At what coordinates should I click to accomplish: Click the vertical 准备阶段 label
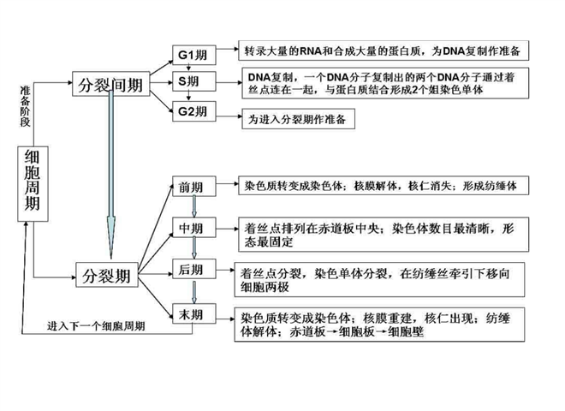(x=25, y=106)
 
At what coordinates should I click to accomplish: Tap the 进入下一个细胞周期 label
(x=96, y=326)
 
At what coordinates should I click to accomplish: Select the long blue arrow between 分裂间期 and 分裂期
(x=111, y=175)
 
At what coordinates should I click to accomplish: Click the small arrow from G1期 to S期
(x=188, y=68)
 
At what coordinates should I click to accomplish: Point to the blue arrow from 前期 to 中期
(x=194, y=206)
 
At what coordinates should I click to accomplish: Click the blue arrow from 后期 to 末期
(x=194, y=292)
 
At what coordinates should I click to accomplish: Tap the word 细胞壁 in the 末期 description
(x=406, y=331)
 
